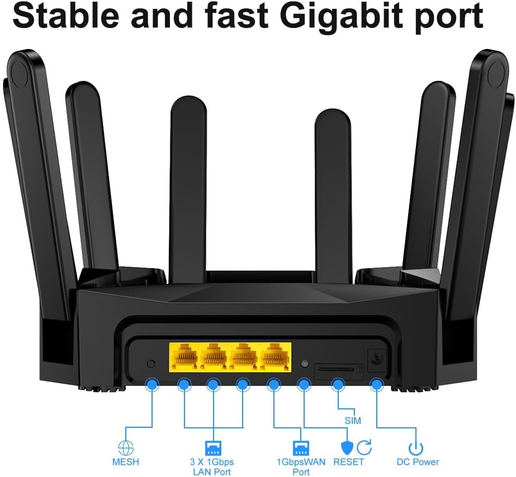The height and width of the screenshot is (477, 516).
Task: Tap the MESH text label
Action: point(125,462)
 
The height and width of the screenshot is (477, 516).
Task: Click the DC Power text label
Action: point(418,462)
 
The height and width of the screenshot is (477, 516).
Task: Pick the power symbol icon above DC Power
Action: point(415,447)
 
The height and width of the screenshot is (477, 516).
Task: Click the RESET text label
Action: point(348,462)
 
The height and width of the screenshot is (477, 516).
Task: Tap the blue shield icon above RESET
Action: point(347,447)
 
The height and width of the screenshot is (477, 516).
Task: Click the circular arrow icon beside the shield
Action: point(364,447)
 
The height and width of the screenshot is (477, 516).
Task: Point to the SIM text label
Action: point(353,421)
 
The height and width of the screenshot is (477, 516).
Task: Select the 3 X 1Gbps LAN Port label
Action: point(212,467)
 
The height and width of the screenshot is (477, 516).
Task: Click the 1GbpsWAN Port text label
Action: point(301,467)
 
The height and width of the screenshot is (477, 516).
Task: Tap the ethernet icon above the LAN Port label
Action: point(214,447)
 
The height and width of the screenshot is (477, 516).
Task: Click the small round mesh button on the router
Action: point(150,364)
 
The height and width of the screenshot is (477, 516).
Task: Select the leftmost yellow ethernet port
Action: point(184,356)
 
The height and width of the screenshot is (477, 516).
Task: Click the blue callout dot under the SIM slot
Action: point(338,384)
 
